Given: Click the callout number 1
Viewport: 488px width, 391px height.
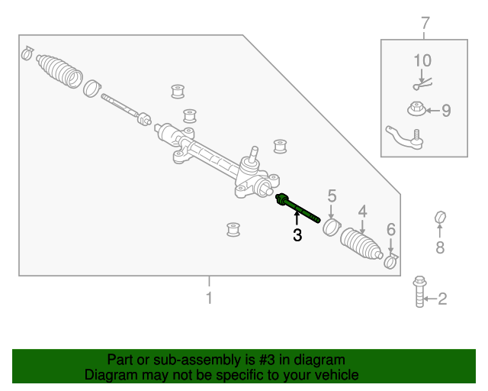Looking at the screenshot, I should tap(209, 298).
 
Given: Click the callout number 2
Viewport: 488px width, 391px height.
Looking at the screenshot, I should tap(442, 299).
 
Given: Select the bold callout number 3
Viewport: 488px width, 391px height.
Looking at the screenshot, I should tap(297, 237).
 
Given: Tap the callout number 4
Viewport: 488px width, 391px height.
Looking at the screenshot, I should tap(363, 212).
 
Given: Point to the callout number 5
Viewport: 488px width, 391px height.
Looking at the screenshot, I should tap(332, 196).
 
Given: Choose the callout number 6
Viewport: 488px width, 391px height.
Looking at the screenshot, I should tap(391, 229).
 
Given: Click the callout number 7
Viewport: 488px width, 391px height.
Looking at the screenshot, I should tap(425, 24).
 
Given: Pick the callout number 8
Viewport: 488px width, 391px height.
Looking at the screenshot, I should tap(440, 247).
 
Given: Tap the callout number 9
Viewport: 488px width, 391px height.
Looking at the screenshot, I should tap(446, 111).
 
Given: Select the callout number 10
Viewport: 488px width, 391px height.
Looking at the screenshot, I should tap(422, 60).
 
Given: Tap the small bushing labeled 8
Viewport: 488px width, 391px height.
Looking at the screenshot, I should tap(440, 218).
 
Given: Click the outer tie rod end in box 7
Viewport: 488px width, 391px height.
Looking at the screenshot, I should tap(405, 137).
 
